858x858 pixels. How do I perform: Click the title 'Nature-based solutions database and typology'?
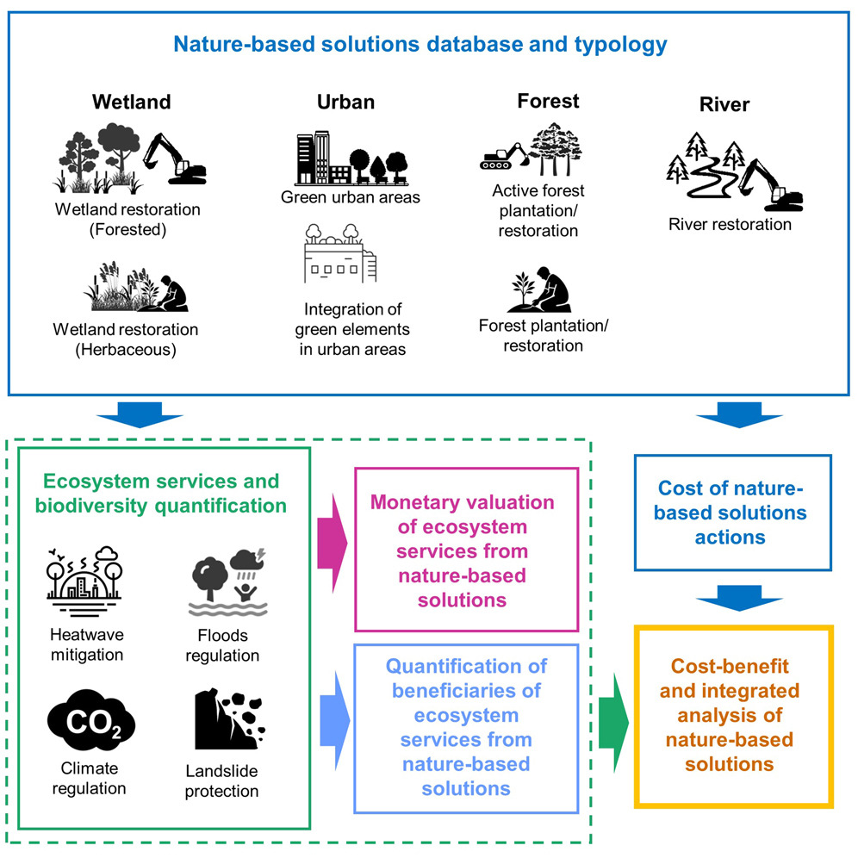click(420, 44)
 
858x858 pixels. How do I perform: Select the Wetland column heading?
click(132, 102)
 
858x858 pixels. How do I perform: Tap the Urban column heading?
click(345, 103)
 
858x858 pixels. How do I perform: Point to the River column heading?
click(724, 105)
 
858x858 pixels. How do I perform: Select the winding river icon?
click(705, 177)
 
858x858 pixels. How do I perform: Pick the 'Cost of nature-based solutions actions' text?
click(733, 513)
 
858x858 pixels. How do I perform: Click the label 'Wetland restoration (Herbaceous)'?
click(126, 339)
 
